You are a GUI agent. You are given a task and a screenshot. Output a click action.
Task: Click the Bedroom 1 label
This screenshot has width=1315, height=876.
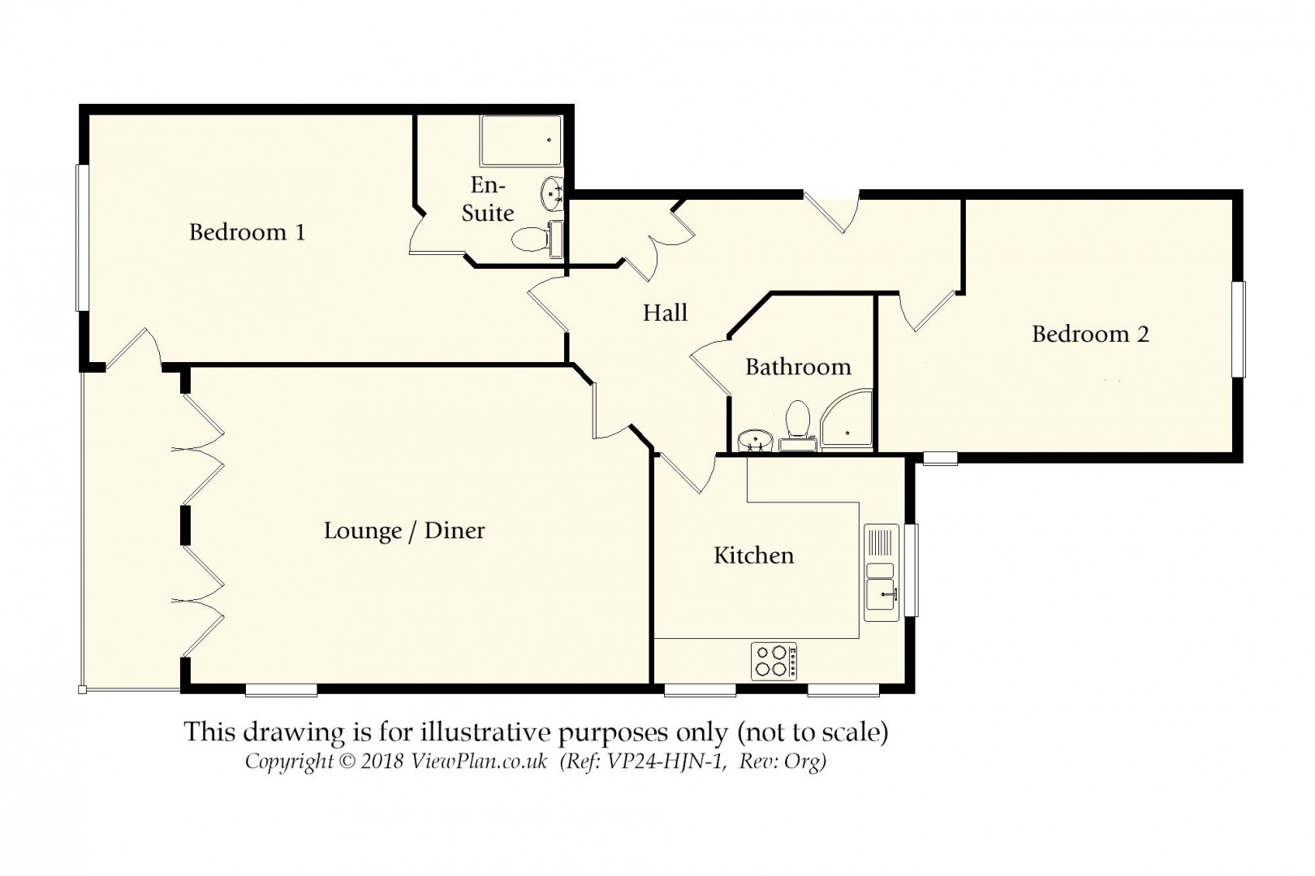247,232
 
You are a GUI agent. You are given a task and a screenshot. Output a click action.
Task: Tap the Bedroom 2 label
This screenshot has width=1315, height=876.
1090,334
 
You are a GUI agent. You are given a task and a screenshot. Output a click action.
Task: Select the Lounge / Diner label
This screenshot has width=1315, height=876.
404,531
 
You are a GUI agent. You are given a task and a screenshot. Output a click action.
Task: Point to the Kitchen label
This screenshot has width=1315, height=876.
754,555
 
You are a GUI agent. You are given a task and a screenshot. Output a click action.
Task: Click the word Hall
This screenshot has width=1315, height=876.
665,313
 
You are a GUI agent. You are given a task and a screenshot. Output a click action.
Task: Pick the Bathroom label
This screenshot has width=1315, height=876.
799,367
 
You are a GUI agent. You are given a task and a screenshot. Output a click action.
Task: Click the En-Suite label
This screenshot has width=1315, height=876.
488,199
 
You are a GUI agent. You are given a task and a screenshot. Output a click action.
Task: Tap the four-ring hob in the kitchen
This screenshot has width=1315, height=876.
774,661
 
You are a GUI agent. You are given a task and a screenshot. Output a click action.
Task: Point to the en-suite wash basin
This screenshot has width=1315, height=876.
552,193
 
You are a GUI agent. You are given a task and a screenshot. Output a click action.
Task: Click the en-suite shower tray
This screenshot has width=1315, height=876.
520,141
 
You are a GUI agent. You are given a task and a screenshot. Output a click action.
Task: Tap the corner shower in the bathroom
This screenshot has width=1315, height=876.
847,420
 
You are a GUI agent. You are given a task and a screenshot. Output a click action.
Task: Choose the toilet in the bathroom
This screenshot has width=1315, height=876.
798,425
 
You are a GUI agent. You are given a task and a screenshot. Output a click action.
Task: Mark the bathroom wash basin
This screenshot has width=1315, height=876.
755,440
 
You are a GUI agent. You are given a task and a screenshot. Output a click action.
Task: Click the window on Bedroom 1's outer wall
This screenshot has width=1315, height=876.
82,237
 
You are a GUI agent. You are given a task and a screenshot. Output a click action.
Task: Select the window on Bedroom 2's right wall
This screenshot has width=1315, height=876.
1239,330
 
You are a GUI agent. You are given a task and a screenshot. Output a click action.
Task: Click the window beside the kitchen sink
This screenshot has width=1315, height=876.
911,569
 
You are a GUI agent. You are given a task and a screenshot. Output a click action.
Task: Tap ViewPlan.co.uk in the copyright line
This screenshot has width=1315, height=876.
479,762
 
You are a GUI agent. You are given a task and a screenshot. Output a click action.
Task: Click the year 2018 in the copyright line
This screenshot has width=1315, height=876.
382,762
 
